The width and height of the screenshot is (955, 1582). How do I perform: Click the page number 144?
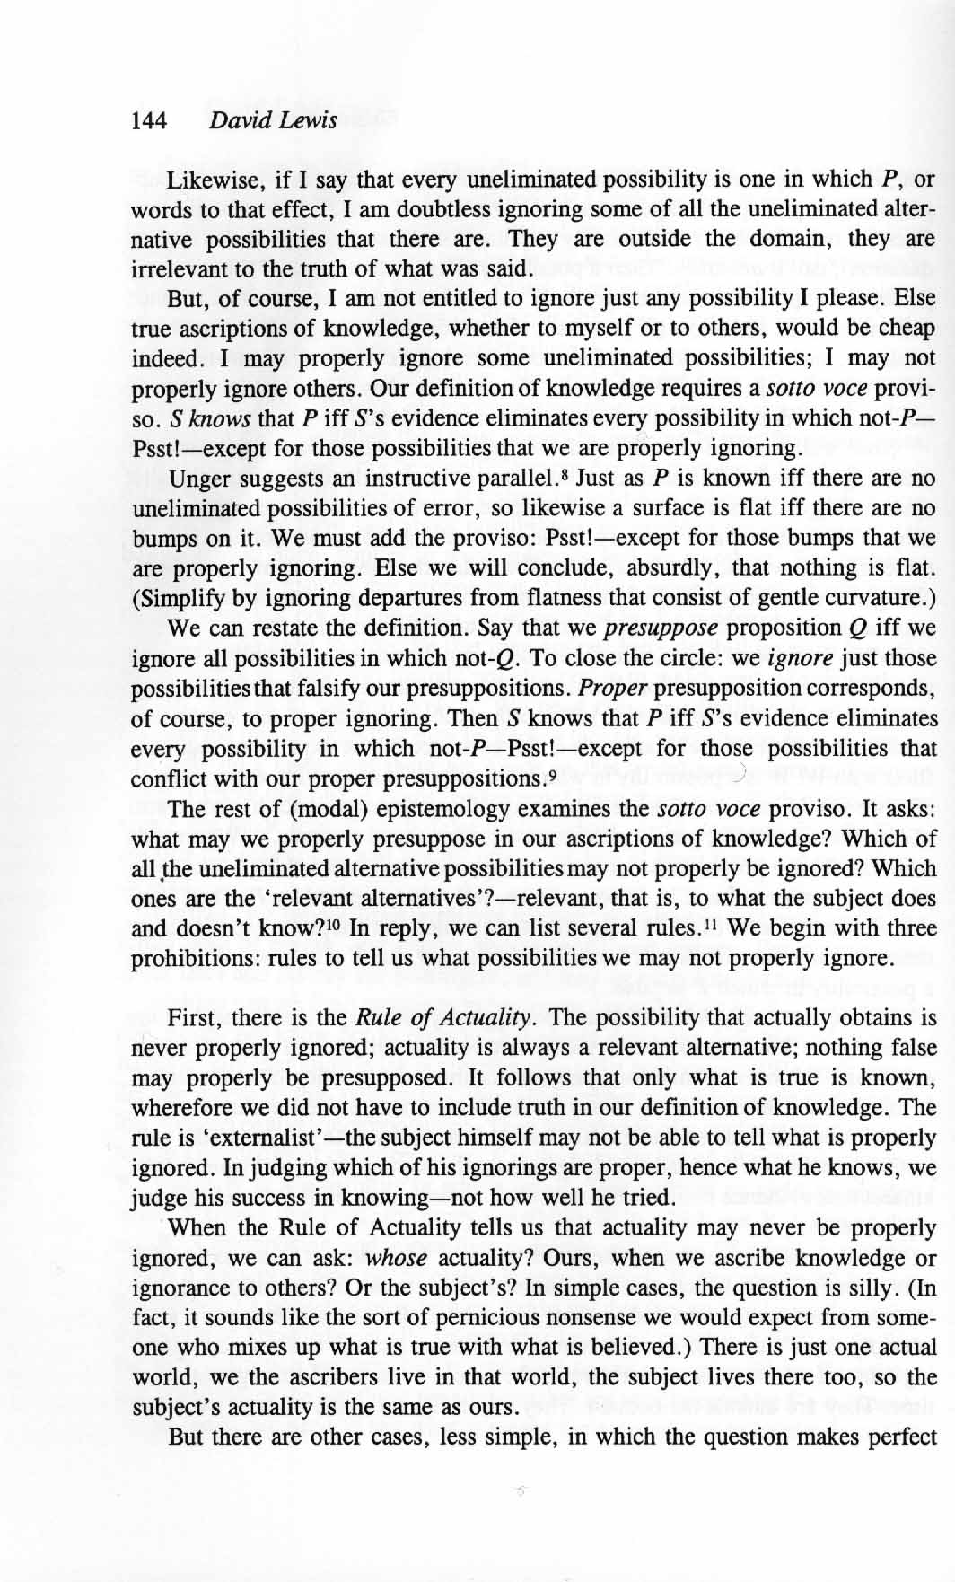pos(149,120)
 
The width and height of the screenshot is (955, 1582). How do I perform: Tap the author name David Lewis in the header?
pos(272,120)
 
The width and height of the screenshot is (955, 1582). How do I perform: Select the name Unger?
pos(198,479)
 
